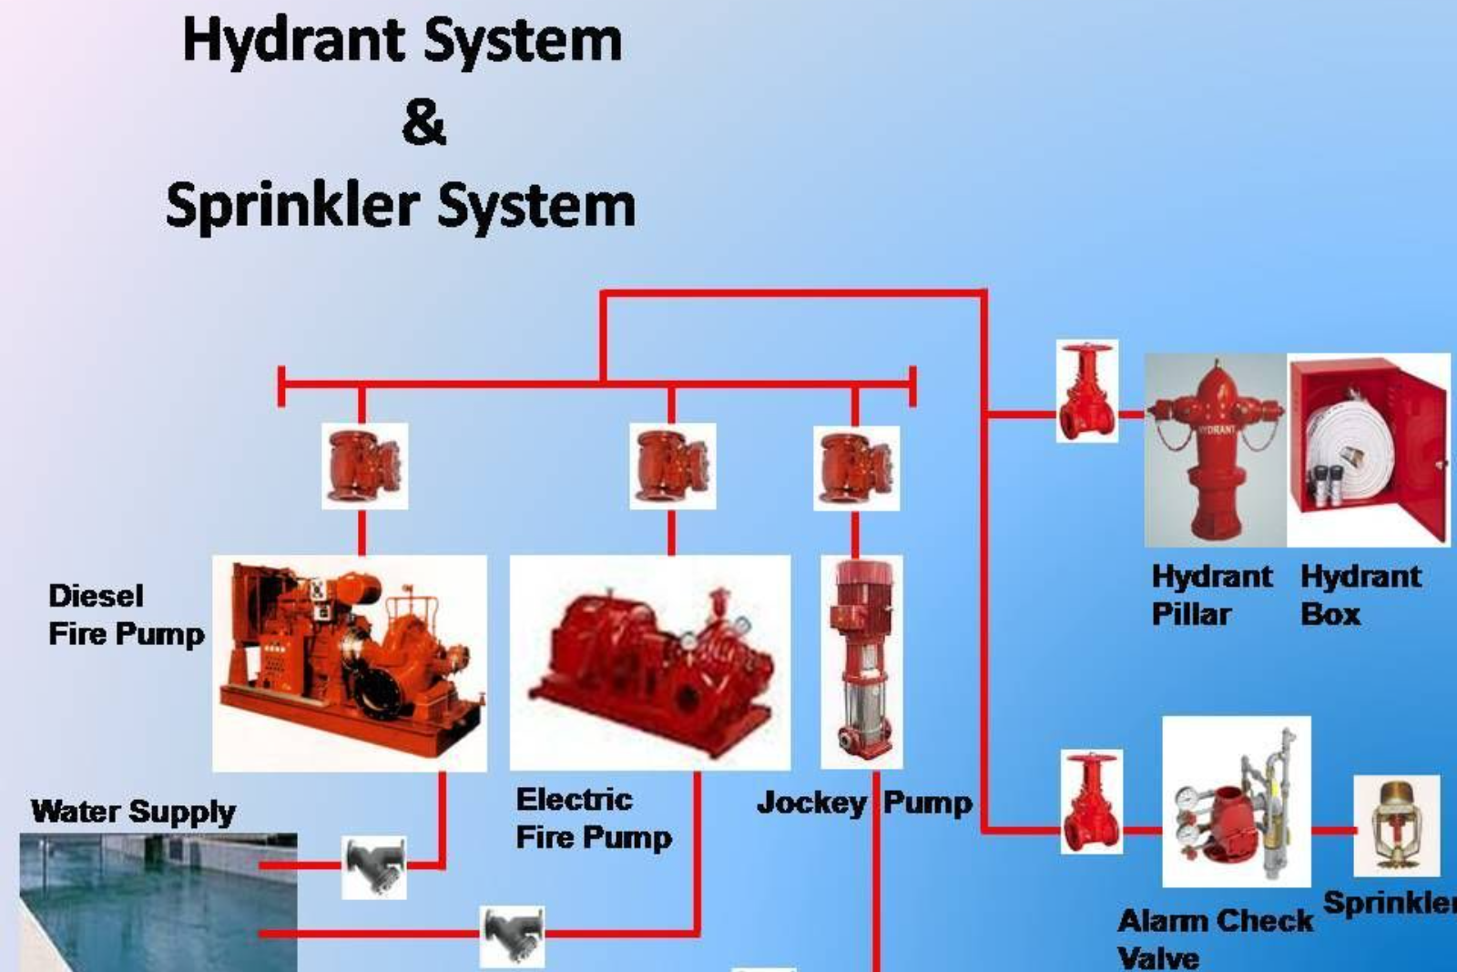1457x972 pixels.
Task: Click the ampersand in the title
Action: point(423,123)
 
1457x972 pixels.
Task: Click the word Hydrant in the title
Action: point(293,42)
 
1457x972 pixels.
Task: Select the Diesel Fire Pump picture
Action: point(350,663)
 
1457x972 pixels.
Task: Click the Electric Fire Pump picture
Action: point(649,663)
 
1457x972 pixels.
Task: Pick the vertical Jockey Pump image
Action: point(861,662)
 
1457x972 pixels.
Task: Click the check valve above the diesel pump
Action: point(364,466)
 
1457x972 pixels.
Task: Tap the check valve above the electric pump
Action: point(672,466)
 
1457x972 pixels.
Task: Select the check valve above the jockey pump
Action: point(856,467)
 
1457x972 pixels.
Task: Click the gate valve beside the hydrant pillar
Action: point(1086,392)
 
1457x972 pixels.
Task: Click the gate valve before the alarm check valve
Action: point(1091,802)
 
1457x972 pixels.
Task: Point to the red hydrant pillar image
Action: point(1215,451)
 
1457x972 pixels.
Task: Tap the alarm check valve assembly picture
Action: point(1236,802)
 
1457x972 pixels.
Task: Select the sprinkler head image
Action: point(1395,824)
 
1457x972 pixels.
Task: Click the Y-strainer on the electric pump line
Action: point(512,935)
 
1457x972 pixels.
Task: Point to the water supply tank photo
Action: point(158,902)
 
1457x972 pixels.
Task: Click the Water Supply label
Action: point(133,811)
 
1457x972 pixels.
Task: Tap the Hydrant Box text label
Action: point(1360,595)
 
